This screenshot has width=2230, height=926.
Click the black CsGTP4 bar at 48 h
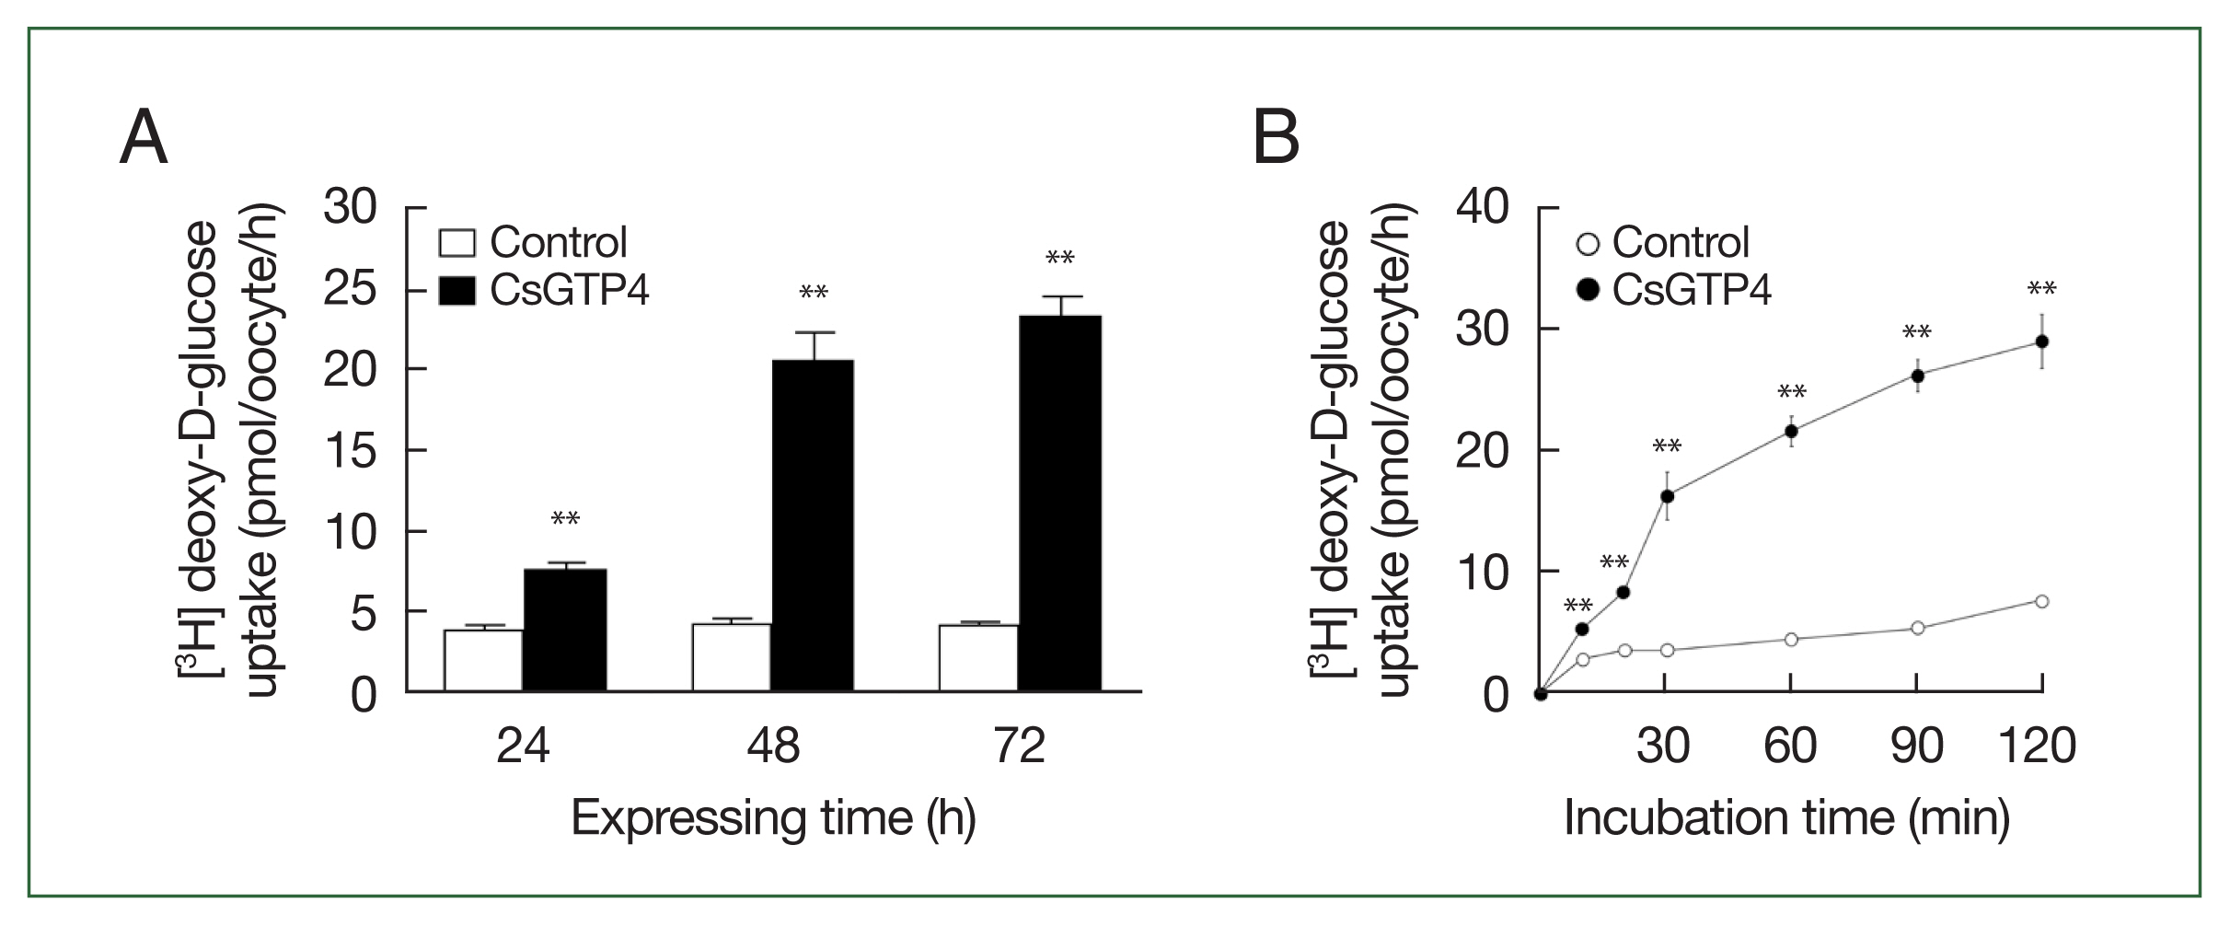click(812, 525)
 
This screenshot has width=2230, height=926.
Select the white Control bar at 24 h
click(483, 660)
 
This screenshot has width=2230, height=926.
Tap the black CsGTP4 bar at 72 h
click(1059, 503)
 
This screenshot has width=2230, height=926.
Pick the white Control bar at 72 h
click(978, 657)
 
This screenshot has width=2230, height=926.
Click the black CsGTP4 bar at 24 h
click(565, 630)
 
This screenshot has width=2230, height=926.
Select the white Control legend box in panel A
click(457, 243)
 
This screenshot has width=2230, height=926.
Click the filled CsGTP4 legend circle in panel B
click(1589, 291)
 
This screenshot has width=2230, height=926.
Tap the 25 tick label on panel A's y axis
click(350, 289)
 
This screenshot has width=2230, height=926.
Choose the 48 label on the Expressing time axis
click(773, 746)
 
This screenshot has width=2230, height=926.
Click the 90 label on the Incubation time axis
click(1917, 746)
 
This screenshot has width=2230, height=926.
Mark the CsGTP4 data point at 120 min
click(2041, 341)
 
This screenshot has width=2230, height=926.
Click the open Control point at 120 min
click(2041, 601)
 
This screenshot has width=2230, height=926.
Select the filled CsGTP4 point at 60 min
click(1791, 431)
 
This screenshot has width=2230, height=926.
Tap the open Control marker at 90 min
click(1918, 628)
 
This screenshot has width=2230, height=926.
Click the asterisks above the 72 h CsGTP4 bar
click(1060, 259)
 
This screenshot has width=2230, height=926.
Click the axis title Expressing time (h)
click(773, 817)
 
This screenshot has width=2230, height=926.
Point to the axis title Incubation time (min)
click(1786, 817)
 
